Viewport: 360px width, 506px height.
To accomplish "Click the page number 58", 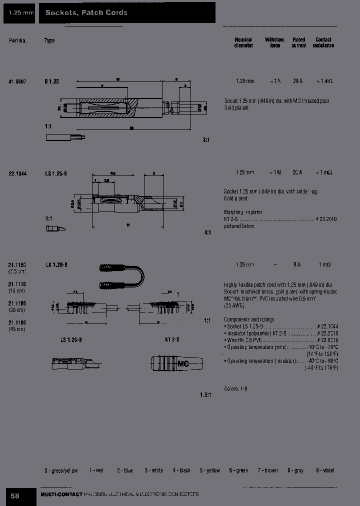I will pos(15,495).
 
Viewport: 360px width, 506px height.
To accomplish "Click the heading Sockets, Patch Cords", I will pos(86,12).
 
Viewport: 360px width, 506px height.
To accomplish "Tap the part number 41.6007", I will pos(17,81).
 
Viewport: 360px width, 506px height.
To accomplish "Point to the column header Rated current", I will pos(298,42).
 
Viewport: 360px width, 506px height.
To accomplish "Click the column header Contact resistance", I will pos(323,42).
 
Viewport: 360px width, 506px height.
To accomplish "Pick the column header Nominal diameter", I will pos(243,42).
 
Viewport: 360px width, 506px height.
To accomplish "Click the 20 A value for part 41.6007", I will pos(297,81).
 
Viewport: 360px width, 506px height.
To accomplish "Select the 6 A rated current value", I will pos(297,264).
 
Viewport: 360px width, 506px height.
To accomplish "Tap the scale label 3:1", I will pos(206,140).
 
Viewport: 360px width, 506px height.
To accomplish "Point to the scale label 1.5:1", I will pos(205,394).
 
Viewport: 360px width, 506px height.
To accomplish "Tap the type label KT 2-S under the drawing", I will pos(171,340).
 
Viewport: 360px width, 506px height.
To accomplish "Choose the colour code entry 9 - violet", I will pos(325,470).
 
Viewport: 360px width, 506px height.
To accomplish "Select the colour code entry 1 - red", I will pos(96,470).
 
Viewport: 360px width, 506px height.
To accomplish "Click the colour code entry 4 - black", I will pos(181,470).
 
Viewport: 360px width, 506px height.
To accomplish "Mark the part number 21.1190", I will pos(17,323).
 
